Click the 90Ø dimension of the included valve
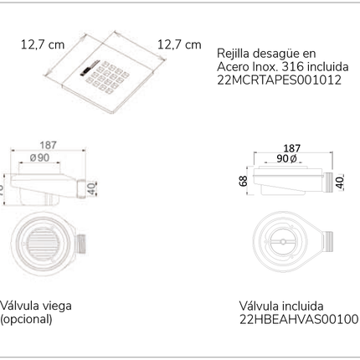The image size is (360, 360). tap(289, 159)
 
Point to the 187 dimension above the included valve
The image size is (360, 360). tap(292, 147)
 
